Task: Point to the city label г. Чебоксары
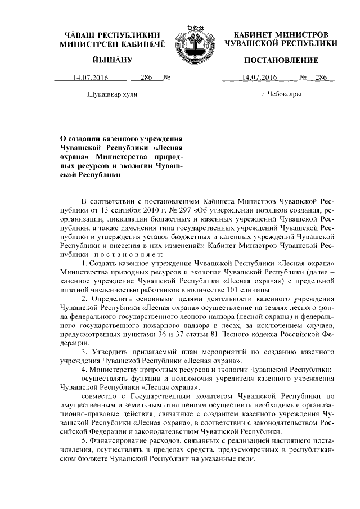281,94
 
